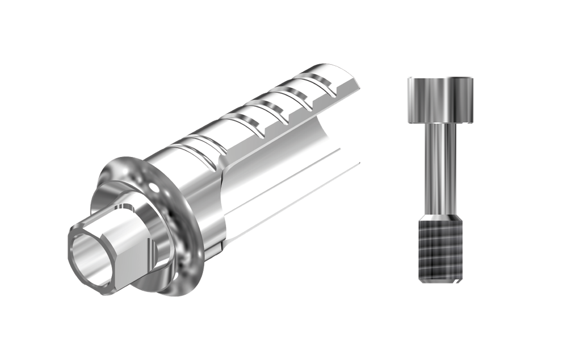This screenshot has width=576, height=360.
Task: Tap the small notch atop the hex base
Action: click(x=129, y=205)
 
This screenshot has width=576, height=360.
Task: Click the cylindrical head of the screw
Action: click(x=440, y=101)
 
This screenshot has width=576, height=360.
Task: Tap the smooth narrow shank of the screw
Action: click(x=439, y=169)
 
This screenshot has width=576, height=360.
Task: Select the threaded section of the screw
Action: click(x=441, y=250)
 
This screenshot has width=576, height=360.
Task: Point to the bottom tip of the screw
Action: click(x=442, y=281)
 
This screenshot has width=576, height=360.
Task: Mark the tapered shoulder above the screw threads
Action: click(x=440, y=216)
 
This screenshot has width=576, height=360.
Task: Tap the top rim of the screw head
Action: click(x=440, y=79)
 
